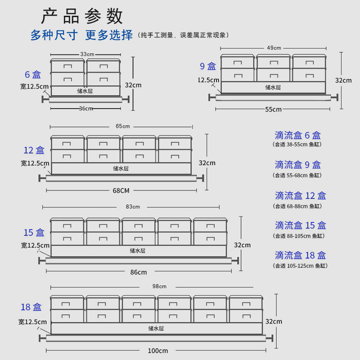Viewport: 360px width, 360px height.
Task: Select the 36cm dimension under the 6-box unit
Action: coord(86,108)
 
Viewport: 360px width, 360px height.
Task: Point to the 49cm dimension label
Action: coord(274,48)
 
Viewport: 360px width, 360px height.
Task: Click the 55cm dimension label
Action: coord(274,109)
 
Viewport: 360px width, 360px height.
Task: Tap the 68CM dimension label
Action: coord(121,190)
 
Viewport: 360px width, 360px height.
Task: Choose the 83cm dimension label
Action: coord(133,207)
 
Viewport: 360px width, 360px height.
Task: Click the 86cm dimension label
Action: coord(139,272)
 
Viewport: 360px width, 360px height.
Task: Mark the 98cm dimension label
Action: coord(159,287)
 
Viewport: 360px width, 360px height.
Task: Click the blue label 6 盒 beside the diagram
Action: coord(33,75)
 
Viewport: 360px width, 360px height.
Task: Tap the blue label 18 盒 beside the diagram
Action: coord(31,307)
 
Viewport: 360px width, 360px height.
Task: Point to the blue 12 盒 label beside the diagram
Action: coord(34,150)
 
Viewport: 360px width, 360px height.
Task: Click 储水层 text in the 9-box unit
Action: coord(273,87)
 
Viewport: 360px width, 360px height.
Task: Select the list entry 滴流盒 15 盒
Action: coord(300,225)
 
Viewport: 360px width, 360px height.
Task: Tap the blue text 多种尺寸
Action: coord(54,35)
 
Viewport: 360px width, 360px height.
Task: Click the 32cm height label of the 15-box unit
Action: coord(242,245)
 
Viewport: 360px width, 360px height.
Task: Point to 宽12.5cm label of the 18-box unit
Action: coord(32,322)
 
